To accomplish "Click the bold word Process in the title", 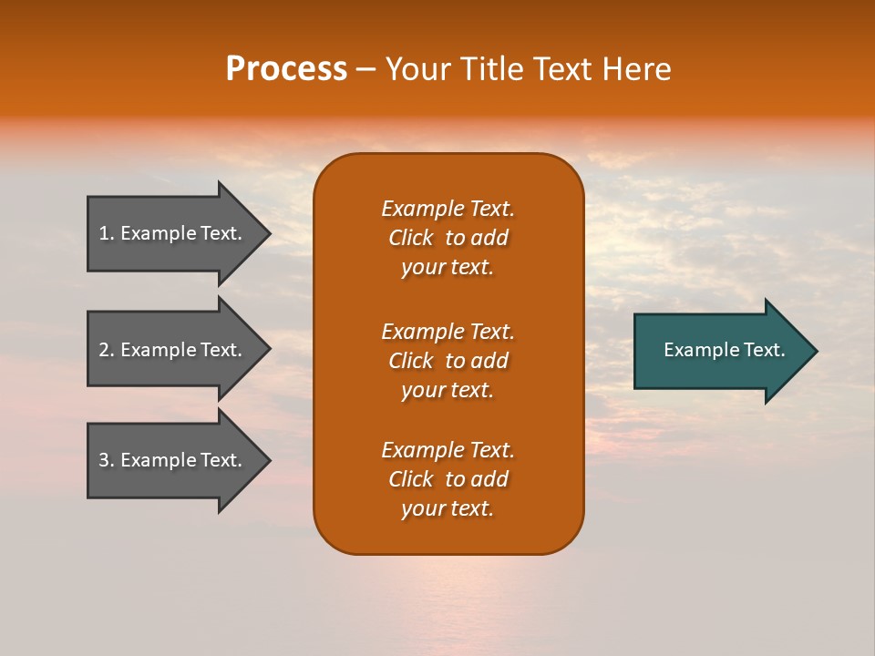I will click(286, 69).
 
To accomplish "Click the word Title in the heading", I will click(491, 69).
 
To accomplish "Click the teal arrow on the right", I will click(720, 351).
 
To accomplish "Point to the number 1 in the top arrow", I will click(104, 233).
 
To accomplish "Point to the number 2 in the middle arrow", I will click(104, 350).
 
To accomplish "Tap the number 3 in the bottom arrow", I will click(104, 460).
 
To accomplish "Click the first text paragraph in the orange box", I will click(448, 238).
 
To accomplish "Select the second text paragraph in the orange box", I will click(448, 361).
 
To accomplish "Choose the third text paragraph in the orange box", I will click(448, 479).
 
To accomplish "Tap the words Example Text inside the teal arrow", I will click(724, 350).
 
